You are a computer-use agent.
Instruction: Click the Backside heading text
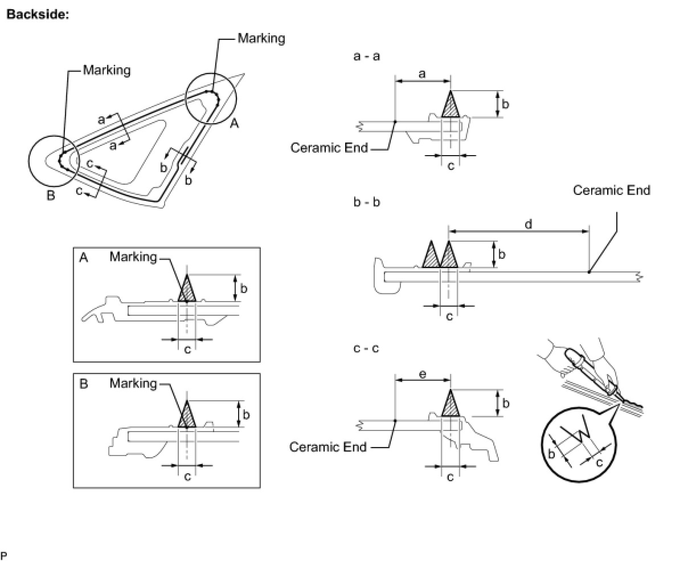[x=38, y=15]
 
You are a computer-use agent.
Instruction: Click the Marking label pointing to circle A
[x=261, y=38]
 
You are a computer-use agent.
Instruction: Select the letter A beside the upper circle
[x=234, y=123]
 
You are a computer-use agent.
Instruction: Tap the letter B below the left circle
[x=51, y=196]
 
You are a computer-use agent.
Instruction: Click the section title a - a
[x=367, y=56]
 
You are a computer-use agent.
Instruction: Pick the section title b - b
[x=367, y=202]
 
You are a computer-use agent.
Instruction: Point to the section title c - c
[x=367, y=348]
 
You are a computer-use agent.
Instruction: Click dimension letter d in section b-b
[x=529, y=224]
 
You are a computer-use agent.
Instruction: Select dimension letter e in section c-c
[x=422, y=374]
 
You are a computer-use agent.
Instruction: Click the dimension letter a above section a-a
[x=422, y=74]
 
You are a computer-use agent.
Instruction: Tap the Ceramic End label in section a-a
[x=329, y=148]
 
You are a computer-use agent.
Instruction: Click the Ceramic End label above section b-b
[x=611, y=190]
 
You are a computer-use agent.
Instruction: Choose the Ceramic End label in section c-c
[x=328, y=446]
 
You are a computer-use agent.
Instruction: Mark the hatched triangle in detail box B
[x=187, y=417]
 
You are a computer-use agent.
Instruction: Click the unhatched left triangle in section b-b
[x=431, y=256]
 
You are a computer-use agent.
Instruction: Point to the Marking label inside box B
[x=133, y=383]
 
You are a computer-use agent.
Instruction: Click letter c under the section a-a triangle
[x=451, y=166]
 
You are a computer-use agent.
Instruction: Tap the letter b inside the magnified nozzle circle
[x=551, y=454]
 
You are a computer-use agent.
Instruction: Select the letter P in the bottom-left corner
[x=4, y=555]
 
